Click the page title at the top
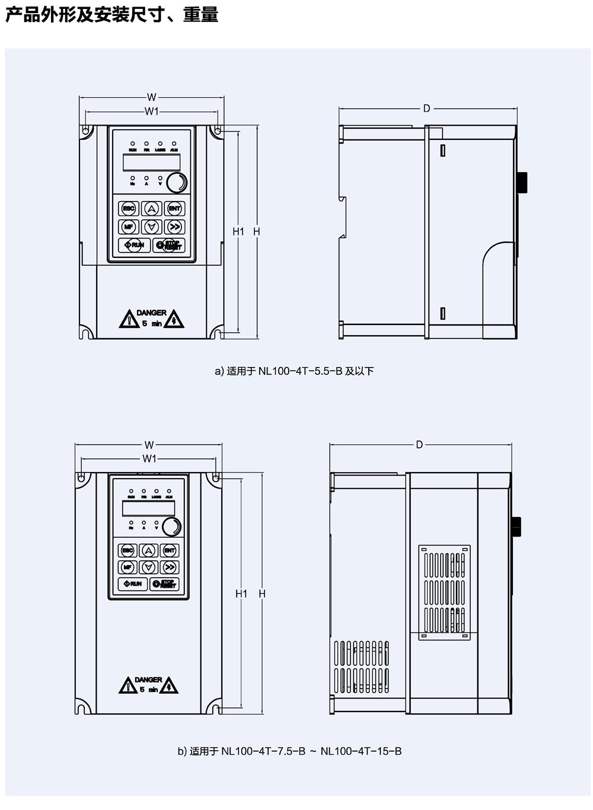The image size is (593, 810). tap(111, 14)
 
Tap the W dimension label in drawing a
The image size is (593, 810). tap(152, 97)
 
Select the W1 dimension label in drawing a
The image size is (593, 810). tap(152, 111)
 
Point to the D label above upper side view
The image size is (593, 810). tap(426, 109)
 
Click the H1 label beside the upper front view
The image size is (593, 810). tap(238, 231)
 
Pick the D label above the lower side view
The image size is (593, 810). tap(419, 445)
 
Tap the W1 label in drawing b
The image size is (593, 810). tap(149, 458)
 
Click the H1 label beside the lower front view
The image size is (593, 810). tap(241, 594)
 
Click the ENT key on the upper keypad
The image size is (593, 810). tap(174, 209)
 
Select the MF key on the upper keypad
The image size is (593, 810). tap(129, 227)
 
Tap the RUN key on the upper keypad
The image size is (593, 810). tap(135, 245)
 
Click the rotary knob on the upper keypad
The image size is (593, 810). tap(176, 183)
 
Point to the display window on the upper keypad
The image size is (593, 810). tap(151, 162)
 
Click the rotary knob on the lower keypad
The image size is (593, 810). tap(171, 526)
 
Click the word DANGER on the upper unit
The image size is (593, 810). tap(151, 312)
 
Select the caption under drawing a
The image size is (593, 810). tap(294, 371)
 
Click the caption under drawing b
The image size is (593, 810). tap(289, 751)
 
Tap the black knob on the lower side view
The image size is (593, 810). tap(516, 526)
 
